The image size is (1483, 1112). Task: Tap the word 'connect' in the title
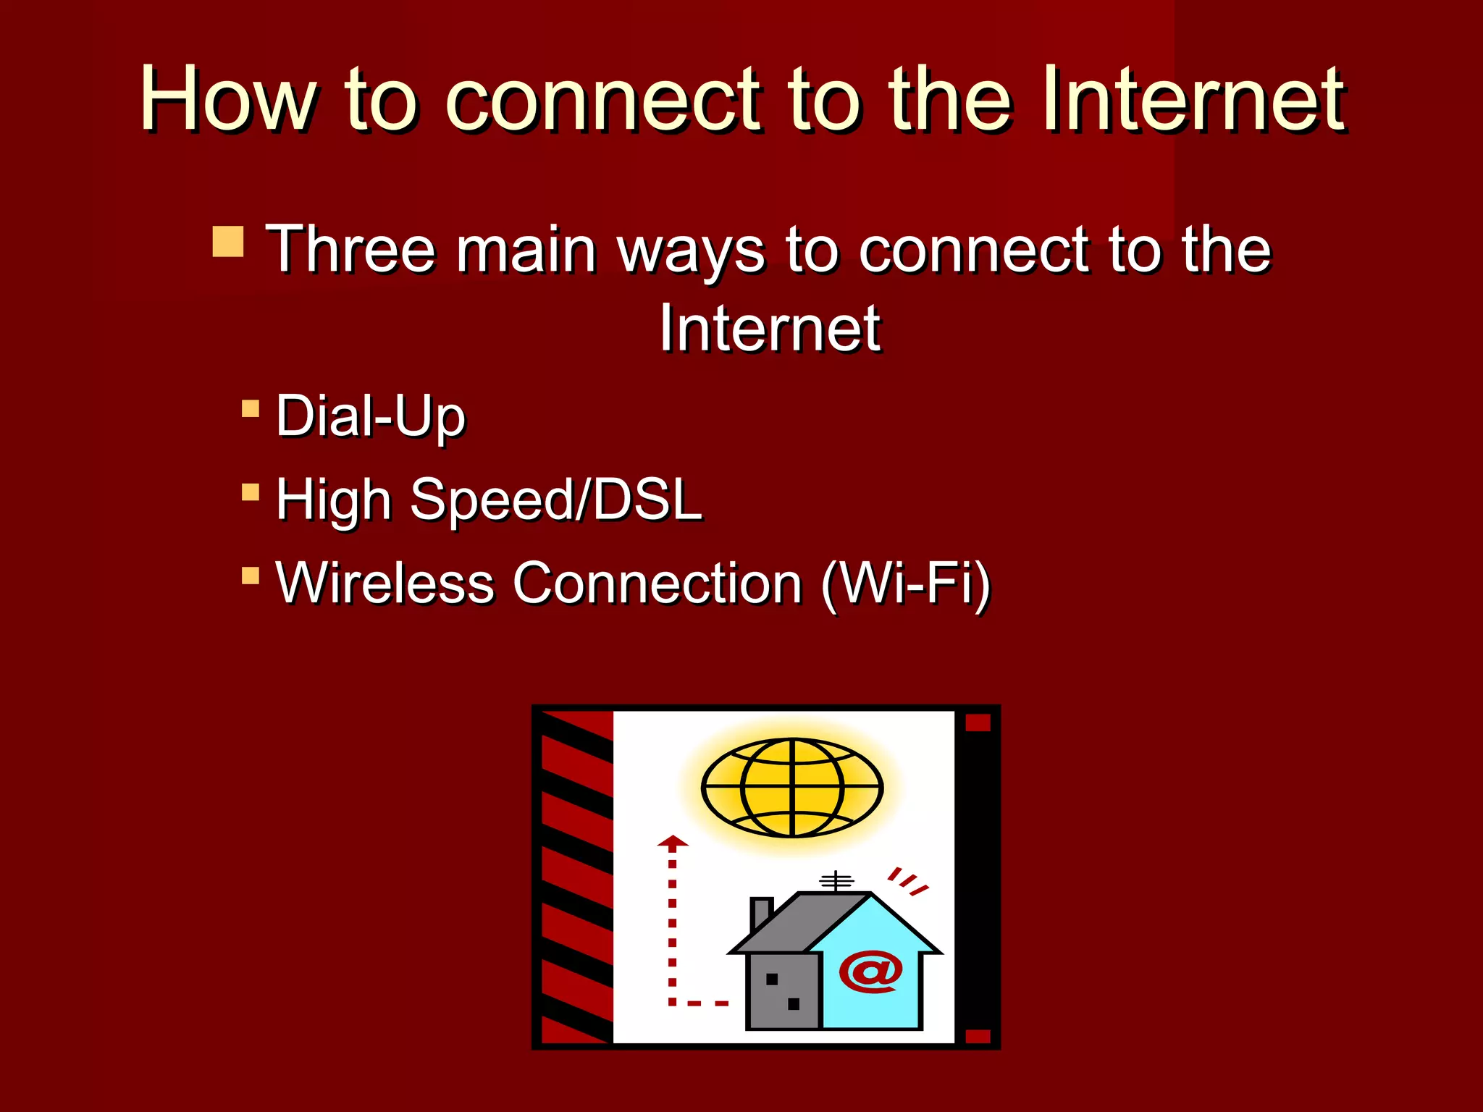click(x=603, y=100)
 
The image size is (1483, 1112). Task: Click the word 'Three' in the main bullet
click(x=351, y=249)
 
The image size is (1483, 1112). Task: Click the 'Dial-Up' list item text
click(x=371, y=417)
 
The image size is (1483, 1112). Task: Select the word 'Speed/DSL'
click(x=556, y=500)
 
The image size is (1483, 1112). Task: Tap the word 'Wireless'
click(x=385, y=583)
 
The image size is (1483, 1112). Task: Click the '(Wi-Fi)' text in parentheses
click(x=906, y=584)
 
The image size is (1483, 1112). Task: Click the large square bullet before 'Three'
click(x=228, y=242)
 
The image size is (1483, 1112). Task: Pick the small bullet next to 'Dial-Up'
click(x=251, y=409)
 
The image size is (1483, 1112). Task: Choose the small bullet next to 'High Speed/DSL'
click(x=251, y=493)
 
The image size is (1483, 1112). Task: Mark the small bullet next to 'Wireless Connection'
click(x=251, y=576)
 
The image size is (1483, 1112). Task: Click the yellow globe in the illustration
click(x=792, y=788)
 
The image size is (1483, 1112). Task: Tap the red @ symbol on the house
click(x=871, y=972)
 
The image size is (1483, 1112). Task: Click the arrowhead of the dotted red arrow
click(x=673, y=841)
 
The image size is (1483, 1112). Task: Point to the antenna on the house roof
click(x=836, y=882)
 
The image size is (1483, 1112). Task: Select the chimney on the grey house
click(x=761, y=912)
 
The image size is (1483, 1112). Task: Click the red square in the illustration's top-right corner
click(x=978, y=723)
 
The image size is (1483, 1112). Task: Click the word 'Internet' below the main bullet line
click(x=770, y=329)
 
